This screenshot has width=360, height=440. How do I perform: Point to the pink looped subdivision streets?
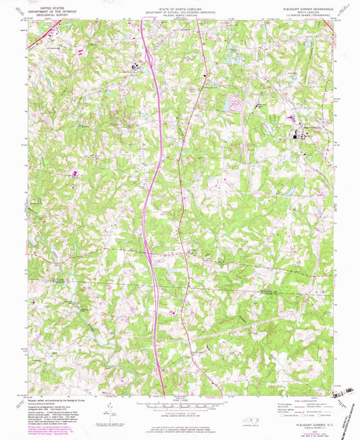tap(236, 103)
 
